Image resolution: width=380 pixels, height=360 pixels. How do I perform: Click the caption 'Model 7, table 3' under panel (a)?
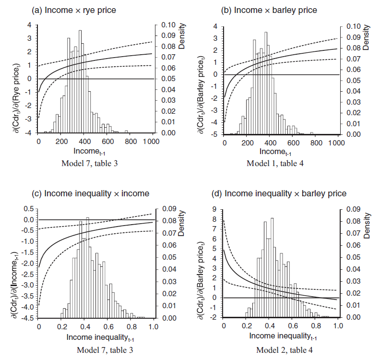90,164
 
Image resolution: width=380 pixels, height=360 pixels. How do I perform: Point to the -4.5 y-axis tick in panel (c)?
28,318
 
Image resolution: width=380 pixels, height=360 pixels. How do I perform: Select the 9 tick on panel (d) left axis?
214,209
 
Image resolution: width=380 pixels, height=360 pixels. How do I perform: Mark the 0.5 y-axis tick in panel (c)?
29,209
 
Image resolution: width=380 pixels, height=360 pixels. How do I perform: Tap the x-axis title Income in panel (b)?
272,152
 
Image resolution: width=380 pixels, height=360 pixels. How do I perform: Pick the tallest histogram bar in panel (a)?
80,82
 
